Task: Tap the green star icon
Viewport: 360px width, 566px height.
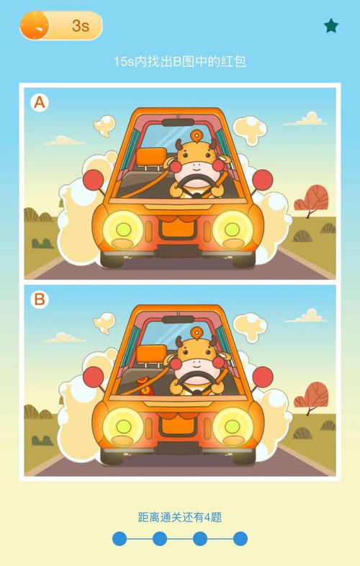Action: [x=330, y=26]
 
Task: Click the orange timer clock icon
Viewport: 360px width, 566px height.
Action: [x=35, y=26]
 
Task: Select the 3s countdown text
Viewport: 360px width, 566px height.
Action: [x=81, y=26]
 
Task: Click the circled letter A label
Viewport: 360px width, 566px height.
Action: [x=40, y=102]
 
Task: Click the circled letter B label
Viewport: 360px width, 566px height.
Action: [x=40, y=300]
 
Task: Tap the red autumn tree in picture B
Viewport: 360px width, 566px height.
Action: [x=311, y=397]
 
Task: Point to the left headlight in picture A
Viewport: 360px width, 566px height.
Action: [x=123, y=230]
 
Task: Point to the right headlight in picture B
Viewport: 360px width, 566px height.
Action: [x=233, y=427]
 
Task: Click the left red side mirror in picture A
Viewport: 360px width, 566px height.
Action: [x=94, y=179]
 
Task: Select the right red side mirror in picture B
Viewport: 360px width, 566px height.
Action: [x=263, y=377]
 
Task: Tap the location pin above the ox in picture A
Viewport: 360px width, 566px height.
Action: [x=197, y=136]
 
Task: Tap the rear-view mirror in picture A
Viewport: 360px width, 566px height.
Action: [x=178, y=122]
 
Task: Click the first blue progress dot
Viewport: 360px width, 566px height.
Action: [x=120, y=539]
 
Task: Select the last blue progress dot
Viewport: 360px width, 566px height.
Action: [x=240, y=539]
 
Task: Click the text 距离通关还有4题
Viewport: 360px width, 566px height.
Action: [x=180, y=517]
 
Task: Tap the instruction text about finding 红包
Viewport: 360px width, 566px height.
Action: [x=180, y=61]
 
